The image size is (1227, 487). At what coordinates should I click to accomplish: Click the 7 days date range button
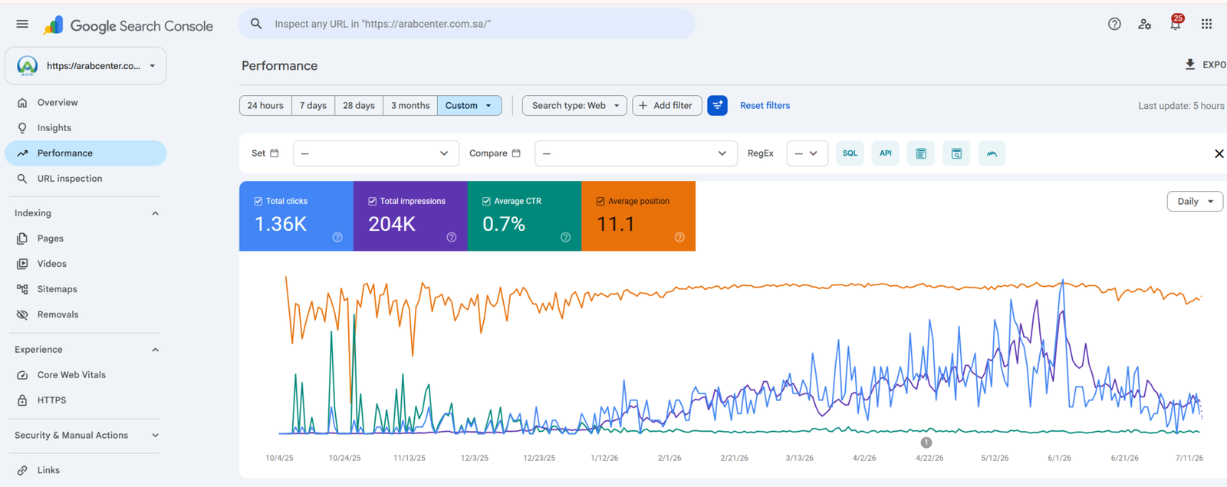313,105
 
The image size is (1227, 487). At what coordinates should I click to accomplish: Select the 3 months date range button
410,105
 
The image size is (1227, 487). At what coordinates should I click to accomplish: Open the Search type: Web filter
574,105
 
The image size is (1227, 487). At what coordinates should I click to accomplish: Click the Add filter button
666,105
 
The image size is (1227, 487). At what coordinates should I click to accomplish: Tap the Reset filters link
765,105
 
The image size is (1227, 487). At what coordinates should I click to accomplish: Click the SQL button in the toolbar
850,153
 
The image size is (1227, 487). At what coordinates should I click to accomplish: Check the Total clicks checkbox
258,201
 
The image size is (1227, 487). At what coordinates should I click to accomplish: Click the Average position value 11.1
616,223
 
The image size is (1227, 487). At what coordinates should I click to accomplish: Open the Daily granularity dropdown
1194,201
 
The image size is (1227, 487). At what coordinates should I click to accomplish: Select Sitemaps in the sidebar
57,288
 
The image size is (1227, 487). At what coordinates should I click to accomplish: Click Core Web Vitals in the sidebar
71,375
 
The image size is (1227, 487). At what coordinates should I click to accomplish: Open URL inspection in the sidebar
70,178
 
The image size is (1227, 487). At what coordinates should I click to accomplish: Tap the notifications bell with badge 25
1176,23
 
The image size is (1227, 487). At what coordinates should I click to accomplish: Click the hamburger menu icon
22,24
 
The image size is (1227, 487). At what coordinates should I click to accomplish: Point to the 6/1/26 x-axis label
1059,458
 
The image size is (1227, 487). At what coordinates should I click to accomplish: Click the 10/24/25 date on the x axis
344,458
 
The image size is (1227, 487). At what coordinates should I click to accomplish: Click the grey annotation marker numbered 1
926,442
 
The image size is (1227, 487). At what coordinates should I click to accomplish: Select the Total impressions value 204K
392,223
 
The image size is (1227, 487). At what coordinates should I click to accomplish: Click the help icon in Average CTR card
565,237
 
